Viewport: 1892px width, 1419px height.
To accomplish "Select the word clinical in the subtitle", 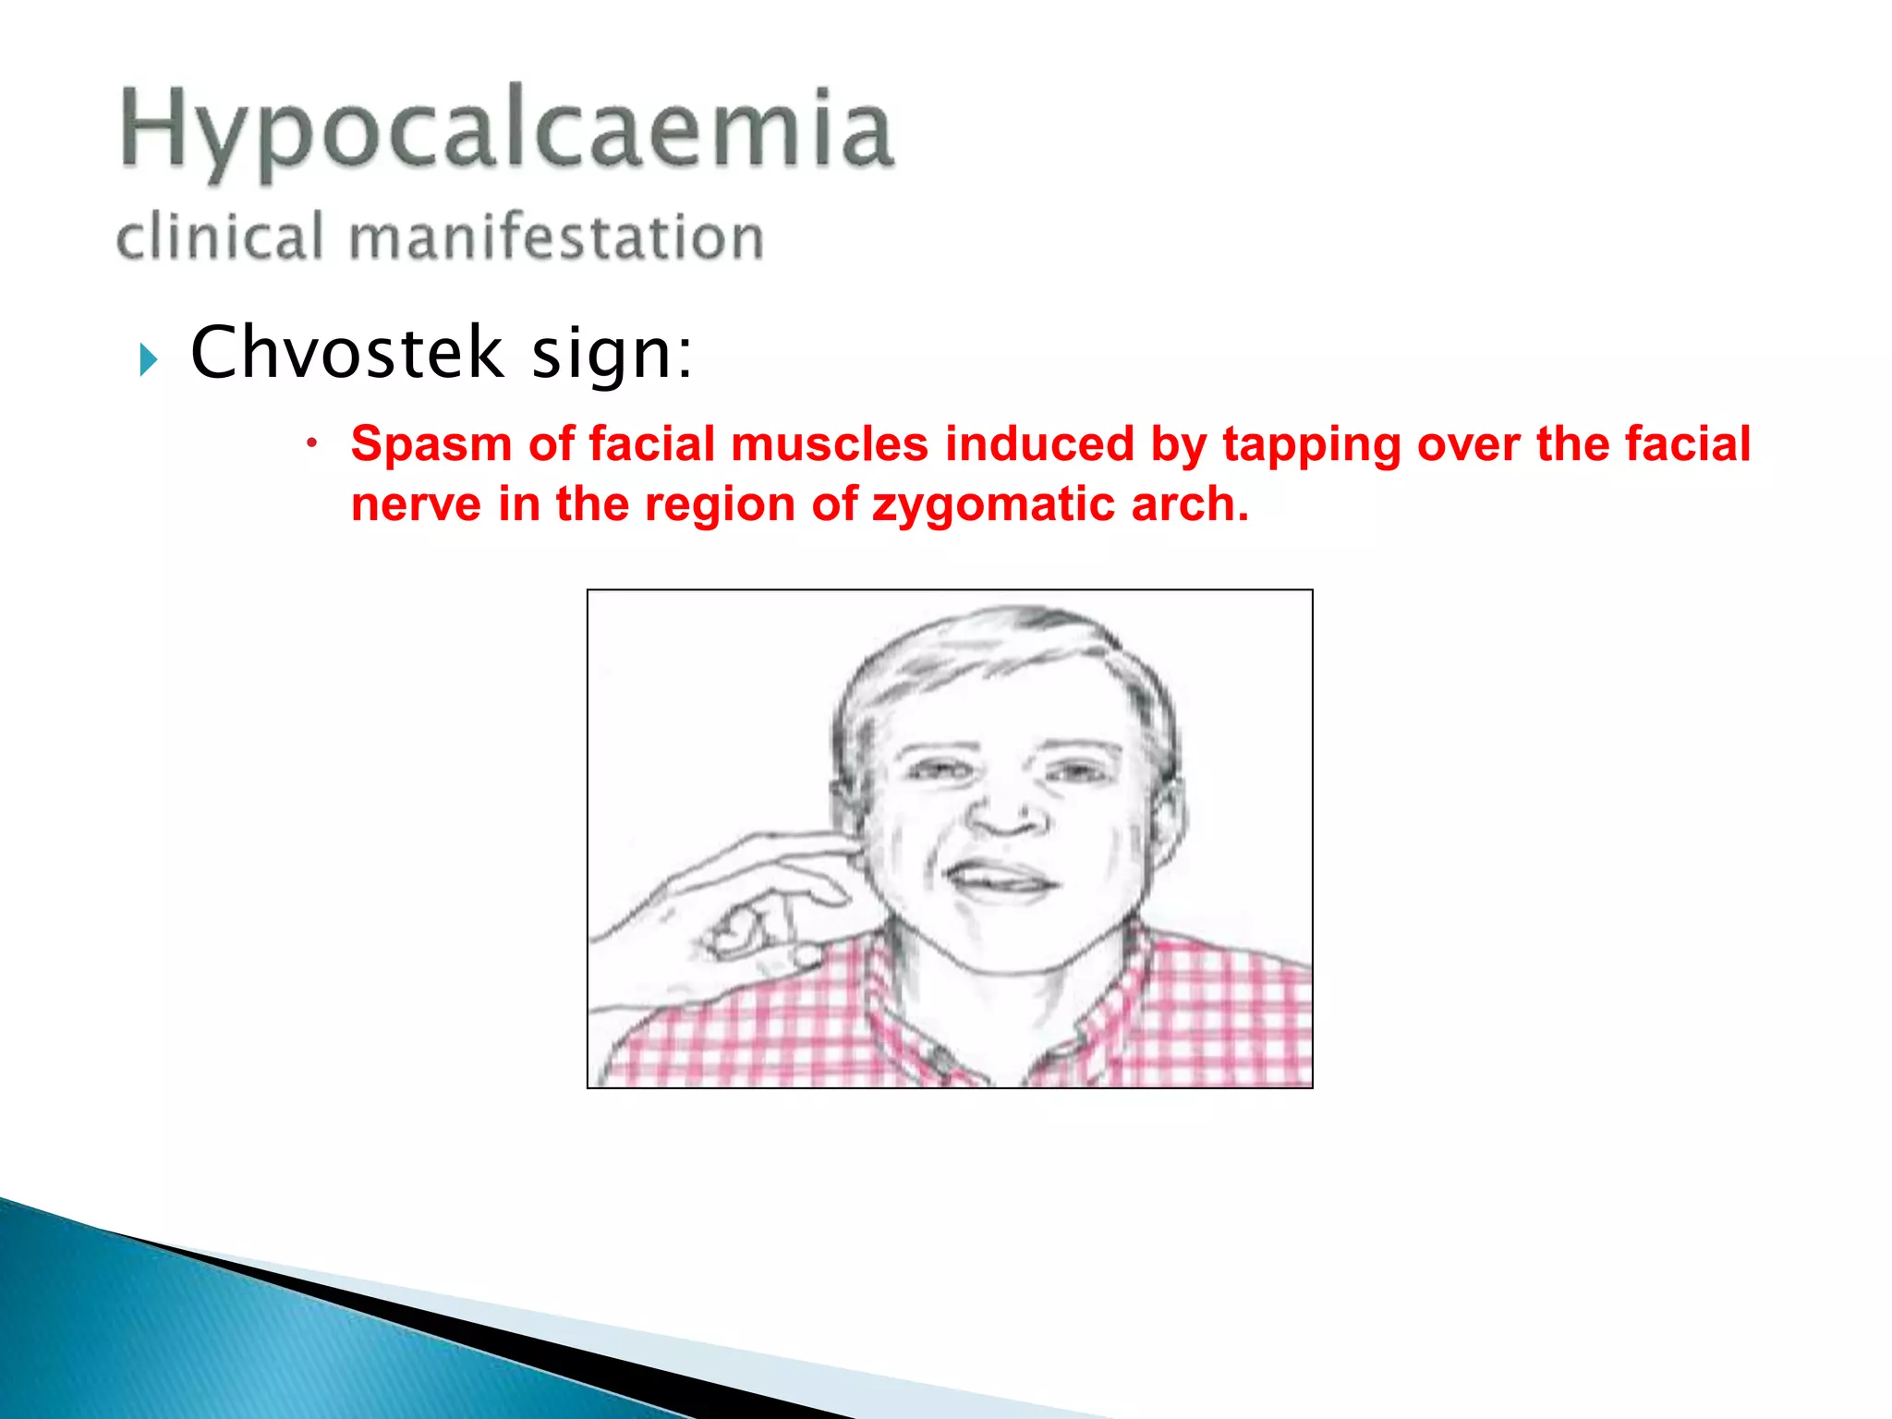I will pos(220,236).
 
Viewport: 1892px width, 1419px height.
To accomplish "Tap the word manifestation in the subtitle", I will pos(556,236).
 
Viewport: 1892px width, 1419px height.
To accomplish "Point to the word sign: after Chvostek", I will pos(611,354).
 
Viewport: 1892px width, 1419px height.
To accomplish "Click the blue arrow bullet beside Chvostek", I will pos(148,358).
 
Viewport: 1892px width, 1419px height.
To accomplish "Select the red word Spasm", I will pos(431,444).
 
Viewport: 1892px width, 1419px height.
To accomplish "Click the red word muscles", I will pos(829,444).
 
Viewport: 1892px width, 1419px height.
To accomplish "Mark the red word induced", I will pos(1038,444).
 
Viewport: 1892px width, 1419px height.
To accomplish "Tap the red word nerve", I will pos(416,505).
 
